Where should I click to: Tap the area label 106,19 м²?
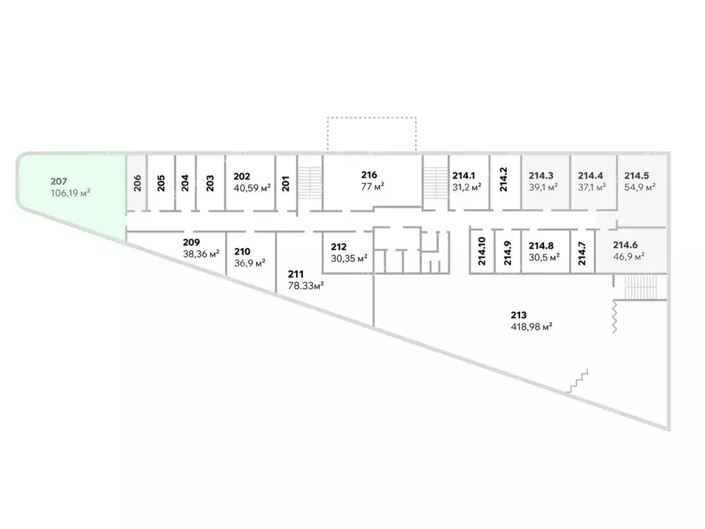tap(71, 193)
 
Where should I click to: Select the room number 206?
tap(137, 183)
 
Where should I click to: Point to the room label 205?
tap(161, 183)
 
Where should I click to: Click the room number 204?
tap(185, 183)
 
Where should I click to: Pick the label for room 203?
tap(210, 183)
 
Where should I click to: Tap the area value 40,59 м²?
tap(252, 186)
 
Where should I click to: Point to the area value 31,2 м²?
tap(466, 186)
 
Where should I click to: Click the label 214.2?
tap(504, 179)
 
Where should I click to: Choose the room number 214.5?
tap(639, 175)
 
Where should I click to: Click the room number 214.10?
tap(482, 251)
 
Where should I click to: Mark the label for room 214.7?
tap(582, 254)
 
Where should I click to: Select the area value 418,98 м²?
tap(530, 328)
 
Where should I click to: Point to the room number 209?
tap(192, 242)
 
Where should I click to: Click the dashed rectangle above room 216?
tap(372, 134)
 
